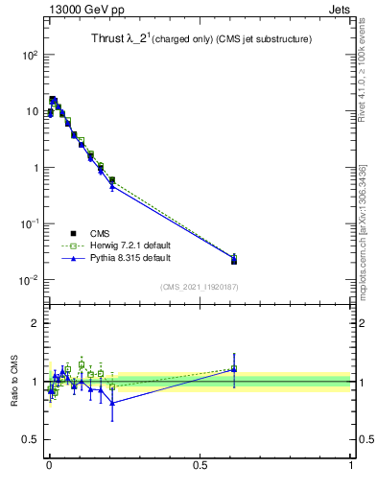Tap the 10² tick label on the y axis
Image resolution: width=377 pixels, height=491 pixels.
pos(31,56)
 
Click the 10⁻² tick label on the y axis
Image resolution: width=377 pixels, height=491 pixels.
pos(29,280)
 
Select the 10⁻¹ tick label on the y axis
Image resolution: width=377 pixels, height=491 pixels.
pos(29,224)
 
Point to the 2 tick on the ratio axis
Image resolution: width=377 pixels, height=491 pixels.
pos(35,323)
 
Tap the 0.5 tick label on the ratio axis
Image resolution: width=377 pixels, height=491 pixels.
pos(31,441)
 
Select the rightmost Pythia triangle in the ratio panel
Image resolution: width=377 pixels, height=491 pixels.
pos(234,369)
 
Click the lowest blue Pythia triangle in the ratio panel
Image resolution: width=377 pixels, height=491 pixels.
pos(112,403)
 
